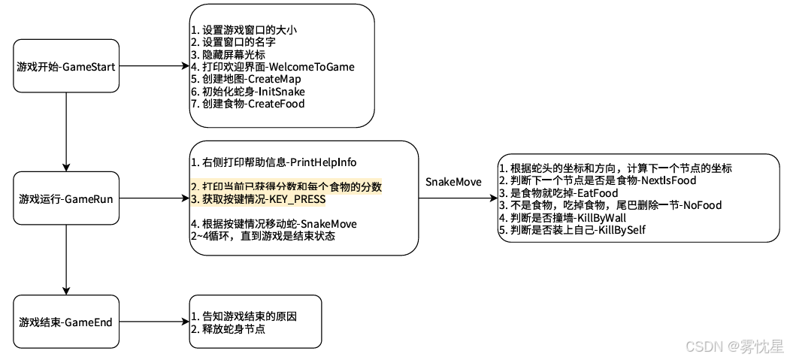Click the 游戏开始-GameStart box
click(66, 67)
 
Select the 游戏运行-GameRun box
click(66, 198)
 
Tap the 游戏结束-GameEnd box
click(66, 322)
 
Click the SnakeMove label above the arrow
click(453, 183)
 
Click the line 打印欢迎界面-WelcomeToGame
click(272, 67)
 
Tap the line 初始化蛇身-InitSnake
click(247, 91)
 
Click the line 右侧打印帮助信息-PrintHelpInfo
click(273, 162)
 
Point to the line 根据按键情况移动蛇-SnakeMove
click(274, 224)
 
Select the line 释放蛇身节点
click(228, 329)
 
